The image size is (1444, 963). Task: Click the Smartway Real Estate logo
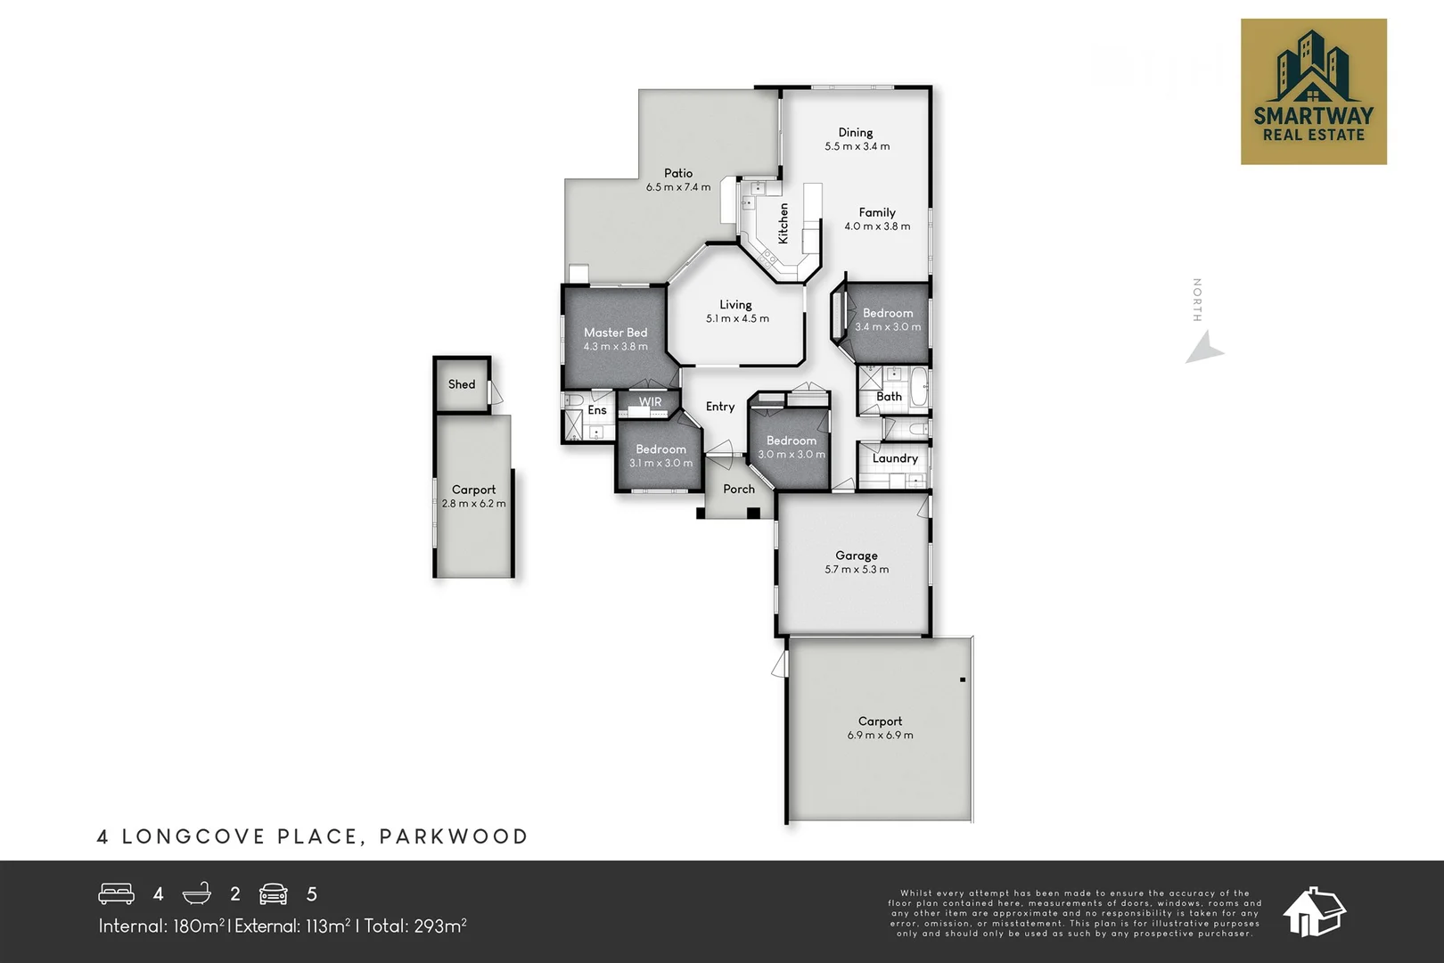click(1313, 92)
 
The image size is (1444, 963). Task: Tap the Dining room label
click(856, 132)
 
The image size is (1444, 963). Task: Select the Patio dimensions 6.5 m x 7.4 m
click(678, 187)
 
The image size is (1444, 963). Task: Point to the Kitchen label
click(784, 223)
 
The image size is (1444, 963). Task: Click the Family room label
click(877, 212)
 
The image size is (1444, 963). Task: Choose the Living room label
click(735, 304)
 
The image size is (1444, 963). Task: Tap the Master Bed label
click(615, 333)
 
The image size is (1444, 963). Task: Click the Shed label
click(462, 384)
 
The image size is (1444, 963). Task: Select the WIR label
click(650, 402)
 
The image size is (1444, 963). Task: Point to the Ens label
click(597, 410)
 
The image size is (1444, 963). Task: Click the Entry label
click(720, 407)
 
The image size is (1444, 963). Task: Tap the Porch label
click(739, 489)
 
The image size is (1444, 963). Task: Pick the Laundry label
click(895, 458)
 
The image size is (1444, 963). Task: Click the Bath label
click(889, 396)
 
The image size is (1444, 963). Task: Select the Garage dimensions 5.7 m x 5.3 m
click(857, 569)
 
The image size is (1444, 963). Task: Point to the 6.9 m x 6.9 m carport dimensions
click(880, 735)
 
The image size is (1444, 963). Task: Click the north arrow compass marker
click(1204, 348)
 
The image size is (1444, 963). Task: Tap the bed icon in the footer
click(117, 893)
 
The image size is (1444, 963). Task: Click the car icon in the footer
click(274, 893)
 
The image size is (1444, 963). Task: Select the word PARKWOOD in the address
click(454, 836)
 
